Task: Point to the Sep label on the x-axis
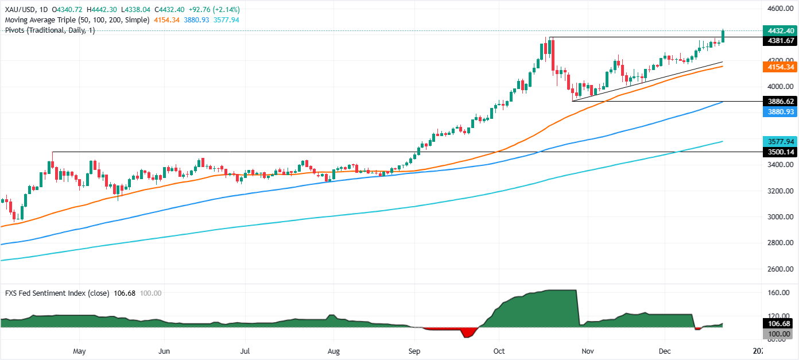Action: coord(414,350)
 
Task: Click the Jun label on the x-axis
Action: coord(164,350)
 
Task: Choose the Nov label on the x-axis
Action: coord(587,350)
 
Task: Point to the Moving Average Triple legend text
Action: coord(75,20)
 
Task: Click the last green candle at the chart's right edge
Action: coord(723,36)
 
